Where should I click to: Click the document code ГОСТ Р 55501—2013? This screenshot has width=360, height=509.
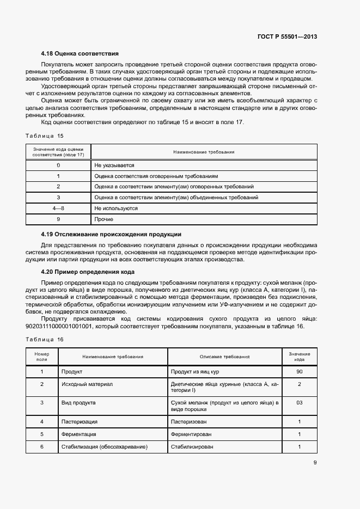coord(287,37)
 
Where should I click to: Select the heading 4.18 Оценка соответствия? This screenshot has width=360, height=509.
coord(80,54)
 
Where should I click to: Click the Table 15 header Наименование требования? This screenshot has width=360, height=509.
coord(204,152)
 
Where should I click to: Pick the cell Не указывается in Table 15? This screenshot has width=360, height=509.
coord(114,165)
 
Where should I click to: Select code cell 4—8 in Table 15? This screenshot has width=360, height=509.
coord(58,208)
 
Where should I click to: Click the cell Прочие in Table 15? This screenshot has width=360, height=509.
coord(103,219)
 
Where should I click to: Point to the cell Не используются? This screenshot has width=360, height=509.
coord(115,208)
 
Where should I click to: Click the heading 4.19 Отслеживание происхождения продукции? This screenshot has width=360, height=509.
coord(111,235)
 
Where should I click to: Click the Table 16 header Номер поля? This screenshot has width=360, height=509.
coord(42,357)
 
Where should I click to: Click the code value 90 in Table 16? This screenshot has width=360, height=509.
coord(300,372)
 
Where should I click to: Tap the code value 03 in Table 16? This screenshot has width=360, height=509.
coord(300,403)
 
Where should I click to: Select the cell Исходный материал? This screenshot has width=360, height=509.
coord(87,384)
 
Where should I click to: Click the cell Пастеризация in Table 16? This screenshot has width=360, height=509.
coord(80,422)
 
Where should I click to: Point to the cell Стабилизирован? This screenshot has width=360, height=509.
coord(192,447)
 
